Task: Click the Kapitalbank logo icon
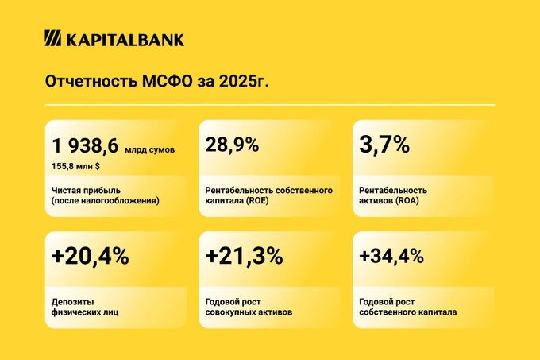click(x=52, y=39)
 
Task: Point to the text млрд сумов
click(x=149, y=149)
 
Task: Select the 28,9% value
click(x=232, y=145)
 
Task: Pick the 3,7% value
click(x=384, y=145)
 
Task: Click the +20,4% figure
click(x=90, y=257)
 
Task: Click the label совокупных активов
click(x=249, y=312)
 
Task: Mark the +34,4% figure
click(x=391, y=257)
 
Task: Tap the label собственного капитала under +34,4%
click(x=407, y=312)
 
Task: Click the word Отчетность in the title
click(x=88, y=83)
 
